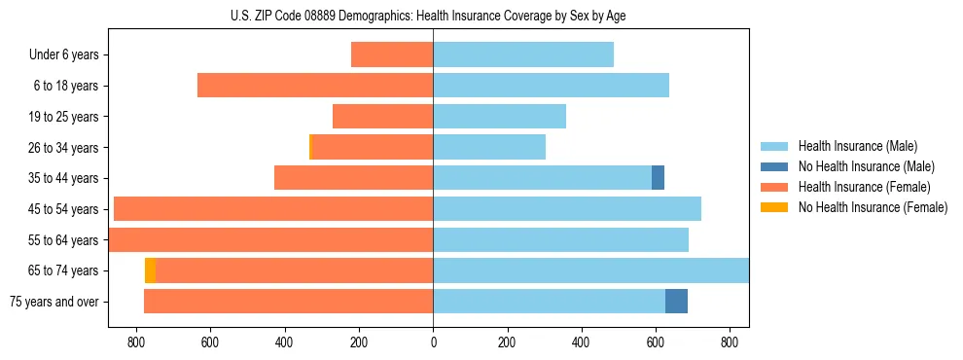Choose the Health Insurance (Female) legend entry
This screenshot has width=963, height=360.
[x=864, y=187]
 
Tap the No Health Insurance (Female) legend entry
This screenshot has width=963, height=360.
[x=873, y=207]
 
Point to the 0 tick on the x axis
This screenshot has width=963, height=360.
[x=433, y=342]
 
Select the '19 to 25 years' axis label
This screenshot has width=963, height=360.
[x=60, y=117]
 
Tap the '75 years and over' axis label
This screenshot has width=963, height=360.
[x=54, y=302]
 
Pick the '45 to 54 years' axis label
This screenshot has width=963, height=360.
[x=60, y=209]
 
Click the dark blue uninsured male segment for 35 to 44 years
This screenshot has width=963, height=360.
[x=658, y=178]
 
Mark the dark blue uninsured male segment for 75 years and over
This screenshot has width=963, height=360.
[x=676, y=302]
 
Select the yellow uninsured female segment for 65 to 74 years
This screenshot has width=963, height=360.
[x=150, y=270]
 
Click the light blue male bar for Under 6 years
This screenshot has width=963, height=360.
[x=523, y=55]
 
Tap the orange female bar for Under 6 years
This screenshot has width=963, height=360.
[x=392, y=55]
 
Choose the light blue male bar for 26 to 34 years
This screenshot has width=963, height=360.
[x=489, y=147]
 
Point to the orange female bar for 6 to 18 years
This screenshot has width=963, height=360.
[x=315, y=86]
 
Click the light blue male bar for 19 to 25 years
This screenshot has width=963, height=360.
[x=499, y=117]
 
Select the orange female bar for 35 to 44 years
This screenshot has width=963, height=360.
[x=353, y=178]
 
